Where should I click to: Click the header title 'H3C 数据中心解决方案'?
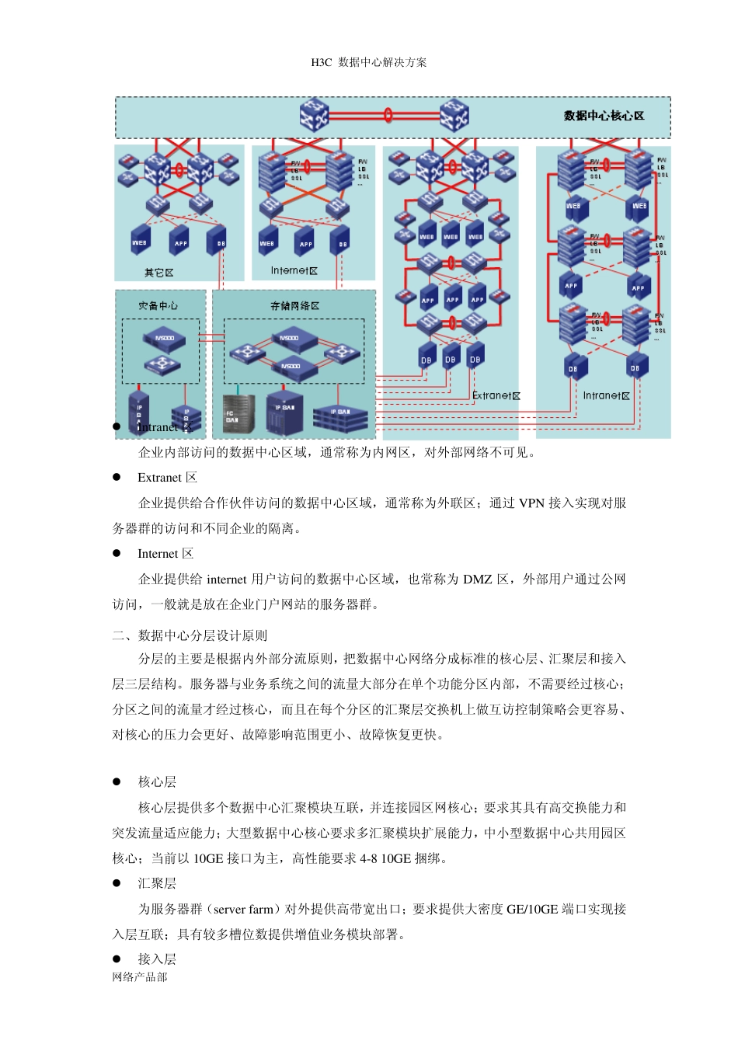tap(368, 62)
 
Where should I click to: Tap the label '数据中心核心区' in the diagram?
tap(604, 116)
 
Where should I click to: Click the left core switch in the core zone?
tap(315, 115)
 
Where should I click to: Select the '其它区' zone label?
tap(159, 273)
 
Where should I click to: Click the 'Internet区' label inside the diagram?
tap(294, 270)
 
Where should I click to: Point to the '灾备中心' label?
tap(158, 305)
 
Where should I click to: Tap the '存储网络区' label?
tap(294, 306)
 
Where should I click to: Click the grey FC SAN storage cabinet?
tap(238, 413)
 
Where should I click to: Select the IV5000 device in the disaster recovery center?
tap(164, 339)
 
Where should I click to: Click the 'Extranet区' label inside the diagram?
tap(496, 395)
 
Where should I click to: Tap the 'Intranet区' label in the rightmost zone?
tap(606, 395)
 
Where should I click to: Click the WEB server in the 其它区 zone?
tap(141, 242)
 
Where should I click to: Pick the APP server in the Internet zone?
tap(306, 242)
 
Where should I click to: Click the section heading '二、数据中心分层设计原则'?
tap(190, 635)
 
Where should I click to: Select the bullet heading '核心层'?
tap(157, 781)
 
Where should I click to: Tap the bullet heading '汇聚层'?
tap(157, 883)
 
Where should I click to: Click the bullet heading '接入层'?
tap(157, 959)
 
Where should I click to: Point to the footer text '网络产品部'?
tap(140, 977)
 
